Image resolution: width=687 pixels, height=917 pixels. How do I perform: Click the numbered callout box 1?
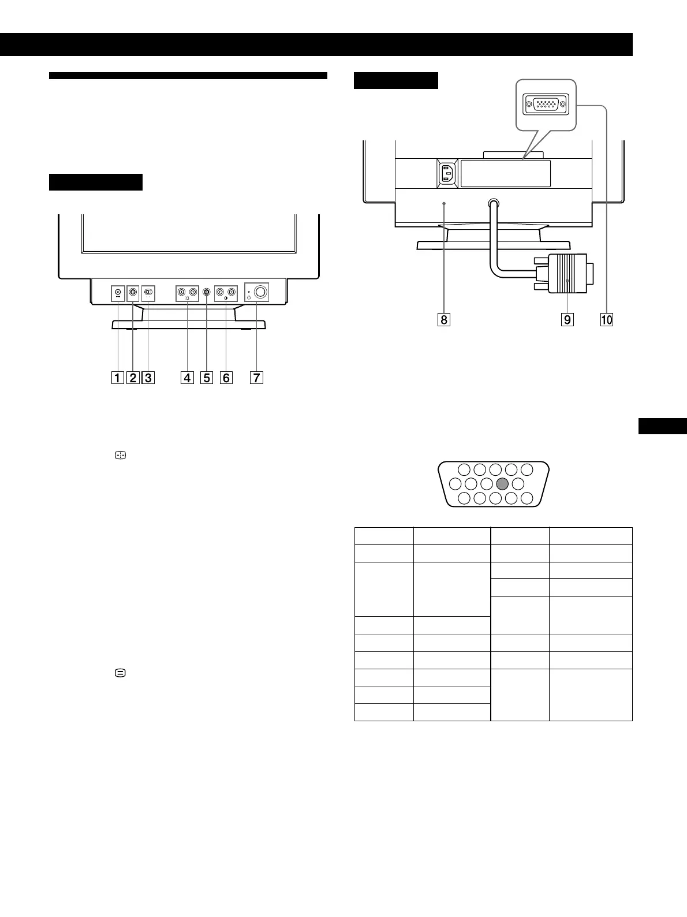117,378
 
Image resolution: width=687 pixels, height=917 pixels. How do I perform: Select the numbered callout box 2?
133,378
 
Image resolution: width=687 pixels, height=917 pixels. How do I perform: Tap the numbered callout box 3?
148,378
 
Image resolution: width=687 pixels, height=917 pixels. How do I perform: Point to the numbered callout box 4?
187,378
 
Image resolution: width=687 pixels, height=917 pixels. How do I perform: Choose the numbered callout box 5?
207,378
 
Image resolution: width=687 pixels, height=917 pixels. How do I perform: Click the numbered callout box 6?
226,378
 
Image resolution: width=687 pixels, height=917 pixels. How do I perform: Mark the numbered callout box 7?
256,378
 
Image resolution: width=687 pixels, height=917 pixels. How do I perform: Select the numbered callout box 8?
443,319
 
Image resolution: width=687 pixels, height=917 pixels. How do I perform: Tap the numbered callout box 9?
567,319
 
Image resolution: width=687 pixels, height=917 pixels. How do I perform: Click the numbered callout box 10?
606,319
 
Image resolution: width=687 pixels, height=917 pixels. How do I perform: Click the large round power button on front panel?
261,292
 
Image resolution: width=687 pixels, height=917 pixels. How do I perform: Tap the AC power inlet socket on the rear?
447,173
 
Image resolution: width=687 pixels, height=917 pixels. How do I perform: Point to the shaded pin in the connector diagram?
502,484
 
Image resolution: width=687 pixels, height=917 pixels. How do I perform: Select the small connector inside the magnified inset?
546,105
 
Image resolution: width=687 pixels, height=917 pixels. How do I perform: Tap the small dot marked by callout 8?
443,203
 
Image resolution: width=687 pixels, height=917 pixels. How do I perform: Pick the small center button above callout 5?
207,293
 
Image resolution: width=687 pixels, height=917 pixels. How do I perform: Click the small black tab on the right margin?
663,426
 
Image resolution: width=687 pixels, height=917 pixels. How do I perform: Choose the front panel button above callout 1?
118,292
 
